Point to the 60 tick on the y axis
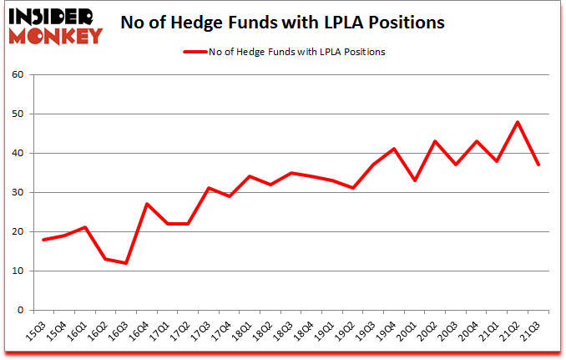point(22,75)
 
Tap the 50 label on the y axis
point(22,114)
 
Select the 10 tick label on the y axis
point(22,271)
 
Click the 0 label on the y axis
point(25,311)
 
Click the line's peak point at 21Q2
point(518,122)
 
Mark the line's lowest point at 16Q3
point(126,263)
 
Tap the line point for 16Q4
point(147,204)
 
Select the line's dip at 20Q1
point(415,180)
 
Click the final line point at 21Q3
point(538,165)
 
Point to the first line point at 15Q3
point(44,240)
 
